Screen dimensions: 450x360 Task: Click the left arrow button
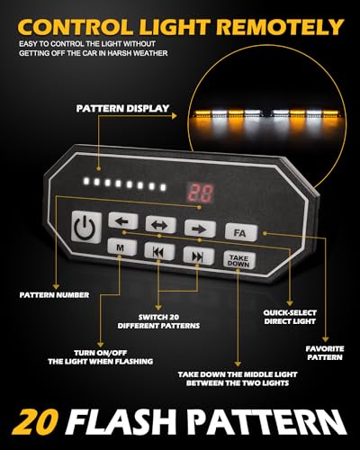pyautogui.click(x=121, y=220)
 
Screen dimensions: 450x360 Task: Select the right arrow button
pyautogui.click(x=195, y=229)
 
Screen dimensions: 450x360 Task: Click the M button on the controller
pyautogui.click(x=120, y=246)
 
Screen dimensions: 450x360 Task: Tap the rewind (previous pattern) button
pyautogui.click(x=157, y=251)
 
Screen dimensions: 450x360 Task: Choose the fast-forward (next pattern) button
pyautogui.click(x=195, y=256)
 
